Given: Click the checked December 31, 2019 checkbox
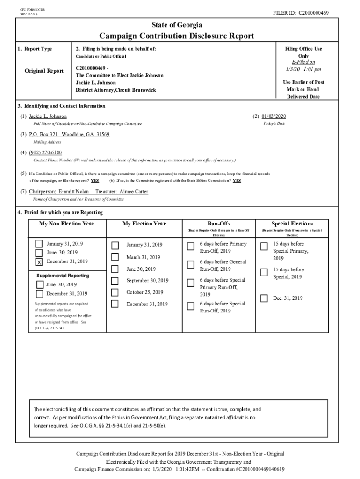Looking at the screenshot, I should click(39, 262).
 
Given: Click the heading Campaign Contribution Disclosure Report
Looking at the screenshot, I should click(177, 36).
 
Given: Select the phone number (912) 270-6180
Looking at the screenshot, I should click(45, 152).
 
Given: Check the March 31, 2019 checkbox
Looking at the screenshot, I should click(115, 257).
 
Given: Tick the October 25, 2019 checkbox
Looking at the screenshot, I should click(115, 292).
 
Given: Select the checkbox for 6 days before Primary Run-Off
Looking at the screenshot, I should click(190, 247).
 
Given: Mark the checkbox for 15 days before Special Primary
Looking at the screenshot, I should click(264, 247).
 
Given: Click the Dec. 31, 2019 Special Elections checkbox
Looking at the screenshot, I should click(264, 298).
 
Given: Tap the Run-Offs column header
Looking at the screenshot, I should click(218, 224).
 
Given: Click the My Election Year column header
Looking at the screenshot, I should click(144, 224).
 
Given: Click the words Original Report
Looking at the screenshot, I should click(44, 71).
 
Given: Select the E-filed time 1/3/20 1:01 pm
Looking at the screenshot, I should click(303, 69).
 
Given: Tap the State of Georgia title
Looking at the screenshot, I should click(177, 25).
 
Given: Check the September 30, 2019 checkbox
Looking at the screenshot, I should click(115, 281).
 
